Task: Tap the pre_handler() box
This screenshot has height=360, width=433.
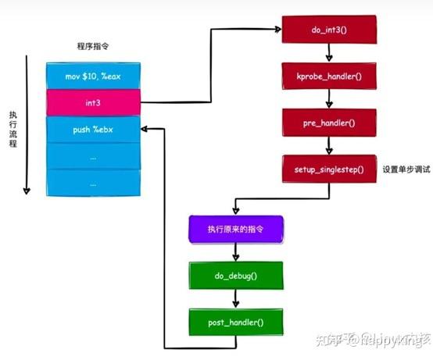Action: coord(328,123)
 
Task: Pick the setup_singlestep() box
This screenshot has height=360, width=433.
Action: coord(328,169)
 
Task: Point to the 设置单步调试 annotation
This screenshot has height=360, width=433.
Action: coord(406,169)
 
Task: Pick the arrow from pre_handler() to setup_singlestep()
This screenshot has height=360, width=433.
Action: coord(328,146)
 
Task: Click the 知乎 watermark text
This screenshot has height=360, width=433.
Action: coord(336,340)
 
